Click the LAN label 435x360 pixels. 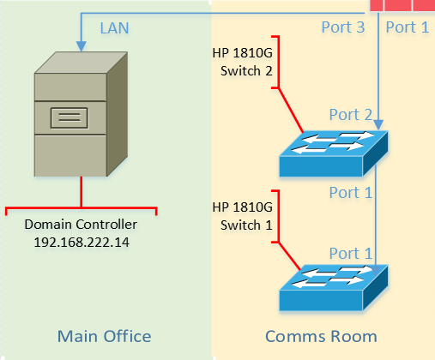pos(114,27)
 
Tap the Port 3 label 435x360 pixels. pos(342,27)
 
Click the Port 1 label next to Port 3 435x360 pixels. pos(407,27)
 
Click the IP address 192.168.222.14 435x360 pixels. pos(81,241)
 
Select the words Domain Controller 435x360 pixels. pos(81,225)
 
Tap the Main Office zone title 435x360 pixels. pos(104,335)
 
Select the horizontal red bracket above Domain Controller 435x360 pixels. pos(81,208)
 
